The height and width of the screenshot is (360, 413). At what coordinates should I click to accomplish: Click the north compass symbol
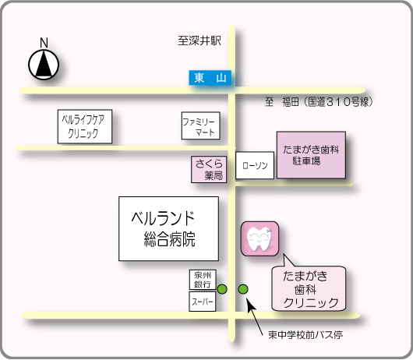(44, 65)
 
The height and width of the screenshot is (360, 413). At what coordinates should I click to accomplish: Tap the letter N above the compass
(44, 43)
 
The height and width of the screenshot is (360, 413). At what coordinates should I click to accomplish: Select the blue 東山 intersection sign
(210, 78)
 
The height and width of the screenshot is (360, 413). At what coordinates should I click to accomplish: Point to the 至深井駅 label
(199, 41)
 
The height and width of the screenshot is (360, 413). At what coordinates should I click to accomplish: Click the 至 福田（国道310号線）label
(319, 102)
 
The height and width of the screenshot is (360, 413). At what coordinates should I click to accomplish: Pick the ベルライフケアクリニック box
(85, 127)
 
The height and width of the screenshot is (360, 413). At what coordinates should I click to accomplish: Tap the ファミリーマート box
(201, 125)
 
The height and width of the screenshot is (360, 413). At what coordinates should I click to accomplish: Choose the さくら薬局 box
(209, 169)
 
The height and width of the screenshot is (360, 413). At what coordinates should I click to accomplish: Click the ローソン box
(255, 165)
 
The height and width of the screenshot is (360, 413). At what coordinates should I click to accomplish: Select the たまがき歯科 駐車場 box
(311, 155)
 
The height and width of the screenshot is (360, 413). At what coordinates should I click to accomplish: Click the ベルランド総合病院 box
(168, 228)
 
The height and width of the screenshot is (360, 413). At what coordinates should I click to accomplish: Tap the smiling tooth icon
(259, 238)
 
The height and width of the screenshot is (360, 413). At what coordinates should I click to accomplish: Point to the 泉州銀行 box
(203, 280)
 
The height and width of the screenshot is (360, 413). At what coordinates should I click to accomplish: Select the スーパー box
(203, 302)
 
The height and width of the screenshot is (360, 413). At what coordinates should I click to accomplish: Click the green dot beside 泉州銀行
(222, 289)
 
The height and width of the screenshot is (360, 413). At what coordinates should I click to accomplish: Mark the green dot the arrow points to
(243, 289)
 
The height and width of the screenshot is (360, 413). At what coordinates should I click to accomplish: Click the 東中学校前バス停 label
(305, 335)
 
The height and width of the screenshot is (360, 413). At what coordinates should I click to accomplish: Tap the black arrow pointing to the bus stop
(255, 316)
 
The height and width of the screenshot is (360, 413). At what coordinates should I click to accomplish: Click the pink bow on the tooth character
(269, 231)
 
